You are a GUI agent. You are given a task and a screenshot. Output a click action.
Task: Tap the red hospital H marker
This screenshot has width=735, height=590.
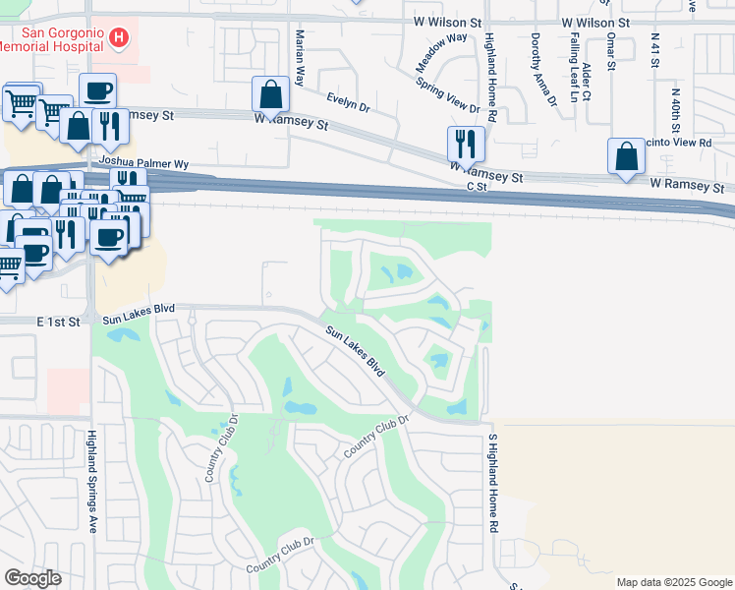[119, 38]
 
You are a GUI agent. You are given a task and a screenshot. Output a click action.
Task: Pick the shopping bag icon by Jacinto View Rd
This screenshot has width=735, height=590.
[626, 157]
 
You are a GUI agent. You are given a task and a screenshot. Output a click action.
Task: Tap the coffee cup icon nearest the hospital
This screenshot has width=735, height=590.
[97, 91]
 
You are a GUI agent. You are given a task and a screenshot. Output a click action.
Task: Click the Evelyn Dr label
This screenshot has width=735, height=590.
[349, 101]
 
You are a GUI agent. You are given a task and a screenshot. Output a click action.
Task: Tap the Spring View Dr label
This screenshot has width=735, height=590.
[448, 96]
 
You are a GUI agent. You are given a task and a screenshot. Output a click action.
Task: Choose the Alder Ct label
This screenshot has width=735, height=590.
[587, 82]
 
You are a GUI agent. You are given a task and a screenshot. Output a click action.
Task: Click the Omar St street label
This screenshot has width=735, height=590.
[610, 49]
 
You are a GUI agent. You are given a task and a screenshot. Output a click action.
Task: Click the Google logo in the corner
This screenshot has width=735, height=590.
[33, 578]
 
